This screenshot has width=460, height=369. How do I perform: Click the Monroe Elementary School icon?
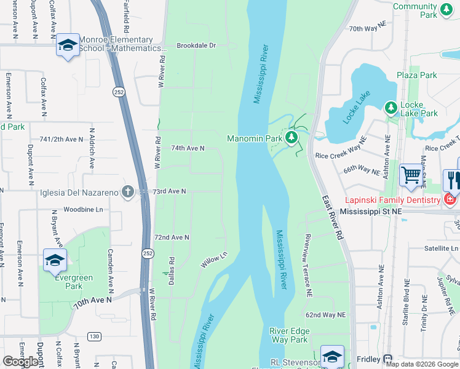[68, 46]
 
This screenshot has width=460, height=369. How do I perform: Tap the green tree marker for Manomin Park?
[292, 138]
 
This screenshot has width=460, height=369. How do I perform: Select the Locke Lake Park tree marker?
[391, 108]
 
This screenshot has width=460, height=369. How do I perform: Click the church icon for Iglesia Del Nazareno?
[127, 192]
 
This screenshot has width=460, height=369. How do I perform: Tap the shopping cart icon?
[410, 175]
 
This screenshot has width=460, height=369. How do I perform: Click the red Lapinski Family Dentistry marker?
[450, 199]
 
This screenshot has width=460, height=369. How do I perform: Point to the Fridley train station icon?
[387, 359]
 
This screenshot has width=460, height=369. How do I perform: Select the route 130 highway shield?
[93, 336]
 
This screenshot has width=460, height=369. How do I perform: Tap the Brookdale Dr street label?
[196, 46]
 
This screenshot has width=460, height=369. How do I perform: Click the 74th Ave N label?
[187, 148]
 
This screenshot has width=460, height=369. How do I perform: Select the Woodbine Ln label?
[82, 209]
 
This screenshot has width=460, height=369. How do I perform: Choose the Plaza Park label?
[416, 75]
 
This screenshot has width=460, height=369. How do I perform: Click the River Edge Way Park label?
[289, 335]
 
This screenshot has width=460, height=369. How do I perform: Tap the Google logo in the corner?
[22, 362]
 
